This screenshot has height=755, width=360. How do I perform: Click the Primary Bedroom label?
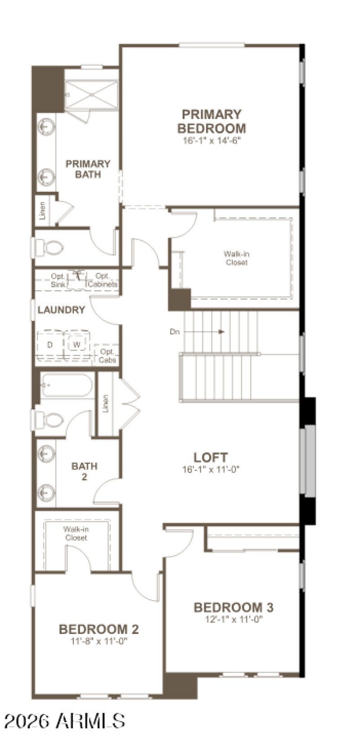(211, 121)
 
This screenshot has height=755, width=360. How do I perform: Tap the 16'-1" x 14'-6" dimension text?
(211, 140)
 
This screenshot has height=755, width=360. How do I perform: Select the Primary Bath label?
(88, 169)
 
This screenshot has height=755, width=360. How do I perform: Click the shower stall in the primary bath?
(91, 95)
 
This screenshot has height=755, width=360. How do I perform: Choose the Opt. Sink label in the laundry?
(58, 280)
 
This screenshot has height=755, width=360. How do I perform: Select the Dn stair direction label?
(175, 332)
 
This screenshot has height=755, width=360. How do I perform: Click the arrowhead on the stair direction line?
(221, 332)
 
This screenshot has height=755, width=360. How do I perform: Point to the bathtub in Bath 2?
(67, 386)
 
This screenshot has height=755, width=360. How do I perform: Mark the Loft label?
(210, 457)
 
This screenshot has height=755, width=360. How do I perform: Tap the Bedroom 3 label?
(233, 607)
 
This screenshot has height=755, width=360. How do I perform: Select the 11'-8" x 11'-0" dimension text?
(99, 641)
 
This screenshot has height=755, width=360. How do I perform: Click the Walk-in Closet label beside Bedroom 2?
(76, 533)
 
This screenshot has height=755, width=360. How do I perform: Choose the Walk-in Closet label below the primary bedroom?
(236, 258)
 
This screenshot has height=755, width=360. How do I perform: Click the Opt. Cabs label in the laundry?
(108, 356)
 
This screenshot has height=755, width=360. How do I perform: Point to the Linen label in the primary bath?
(43, 210)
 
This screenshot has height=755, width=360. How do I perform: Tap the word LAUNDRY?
(61, 310)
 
